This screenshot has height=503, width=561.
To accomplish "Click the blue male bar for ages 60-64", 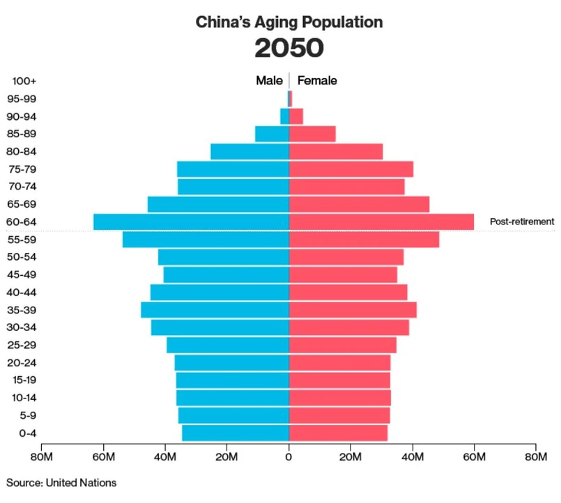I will tap(192, 222).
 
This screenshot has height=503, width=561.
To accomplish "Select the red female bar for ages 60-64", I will tap(381, 222).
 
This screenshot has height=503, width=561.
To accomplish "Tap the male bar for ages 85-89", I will tap(272, 134).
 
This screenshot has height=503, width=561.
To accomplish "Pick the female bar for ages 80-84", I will tap(336, 151).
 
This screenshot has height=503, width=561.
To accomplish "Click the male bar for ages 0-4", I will tap(236, 433).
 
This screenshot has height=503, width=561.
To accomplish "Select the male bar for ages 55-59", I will tap(206, 240).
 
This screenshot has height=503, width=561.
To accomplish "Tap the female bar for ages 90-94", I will tap(296, 116).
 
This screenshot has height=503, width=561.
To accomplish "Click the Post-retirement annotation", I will tap(522, 222).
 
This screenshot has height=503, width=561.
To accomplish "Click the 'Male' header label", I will tap(269, 81).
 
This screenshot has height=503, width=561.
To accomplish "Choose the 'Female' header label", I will tap(317, 81).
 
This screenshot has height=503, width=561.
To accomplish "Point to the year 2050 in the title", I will tap(289, 48).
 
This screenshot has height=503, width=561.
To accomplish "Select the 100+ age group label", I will tap(24, 81).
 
